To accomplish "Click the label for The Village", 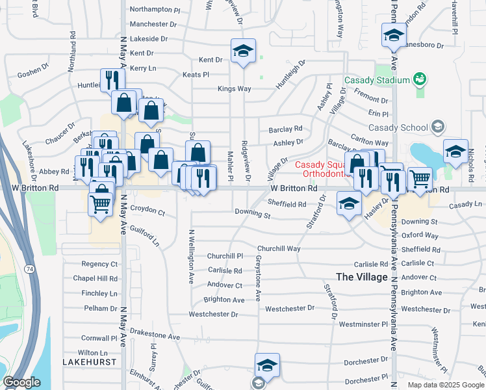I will (362, 277).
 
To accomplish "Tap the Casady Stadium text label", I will (377, 80).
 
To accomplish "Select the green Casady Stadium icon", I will (420, 79).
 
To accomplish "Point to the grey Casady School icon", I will (438, 127).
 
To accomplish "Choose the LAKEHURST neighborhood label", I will (90, 361).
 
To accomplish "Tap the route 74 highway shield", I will (29, 268).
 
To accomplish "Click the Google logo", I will (21, 382).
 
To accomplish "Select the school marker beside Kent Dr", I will (243, 51).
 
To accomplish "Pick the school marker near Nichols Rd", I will (456, 151).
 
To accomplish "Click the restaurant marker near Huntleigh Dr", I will (112, 80).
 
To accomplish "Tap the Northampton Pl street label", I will (155, 10).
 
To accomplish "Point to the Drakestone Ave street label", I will (156, 337).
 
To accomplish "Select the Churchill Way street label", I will (279, 249).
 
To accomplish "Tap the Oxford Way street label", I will (420, 235).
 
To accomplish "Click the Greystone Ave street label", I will (258, 277).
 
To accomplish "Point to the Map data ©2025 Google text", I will (445, 385).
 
